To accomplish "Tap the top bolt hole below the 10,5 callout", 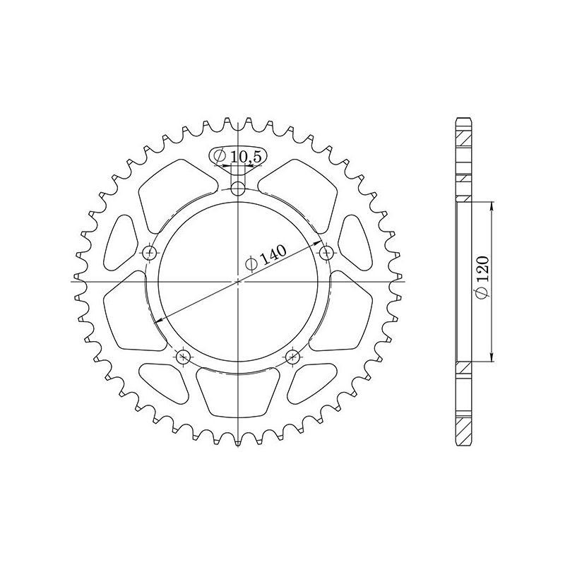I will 239,189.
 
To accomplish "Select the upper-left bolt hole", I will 149,252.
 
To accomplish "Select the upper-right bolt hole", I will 326,252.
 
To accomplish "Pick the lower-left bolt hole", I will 182,355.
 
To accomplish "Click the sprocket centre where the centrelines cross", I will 239,282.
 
